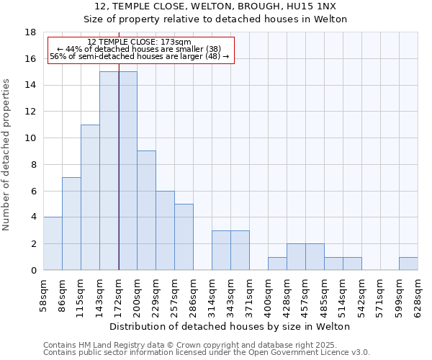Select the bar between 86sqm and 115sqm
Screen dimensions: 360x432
(x=71, y=223)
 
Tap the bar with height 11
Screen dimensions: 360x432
(x=90, y=197)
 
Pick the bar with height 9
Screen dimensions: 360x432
(x=146, y=210)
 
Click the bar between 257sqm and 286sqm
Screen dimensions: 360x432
(x=184, y=237)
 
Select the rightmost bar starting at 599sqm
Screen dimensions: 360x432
(x=408, y=264)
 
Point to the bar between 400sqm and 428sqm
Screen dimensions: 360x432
(x=277, y=264)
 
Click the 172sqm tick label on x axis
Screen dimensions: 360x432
(x=118, y=296)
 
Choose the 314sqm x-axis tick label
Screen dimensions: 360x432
(x=212, y=296)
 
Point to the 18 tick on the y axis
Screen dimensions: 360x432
(x=30, y=32)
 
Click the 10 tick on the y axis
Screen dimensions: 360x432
(x=30, y=138)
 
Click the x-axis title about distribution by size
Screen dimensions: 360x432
(x=230, y=326)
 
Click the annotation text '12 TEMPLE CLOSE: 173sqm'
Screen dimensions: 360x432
(x=139, y=42)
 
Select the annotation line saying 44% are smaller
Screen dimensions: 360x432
(x=139, y=49)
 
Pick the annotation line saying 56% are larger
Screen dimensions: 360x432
(x=139, y=56)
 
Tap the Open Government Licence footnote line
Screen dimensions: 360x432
(x=207, y=352)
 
